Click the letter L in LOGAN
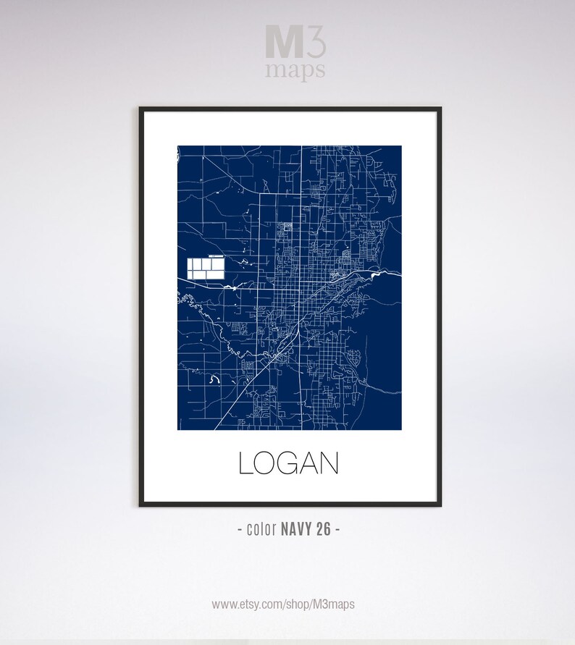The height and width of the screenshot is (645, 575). point(245,463)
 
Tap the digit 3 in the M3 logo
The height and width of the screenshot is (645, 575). point(316,41)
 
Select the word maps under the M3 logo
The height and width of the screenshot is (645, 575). point(295,71)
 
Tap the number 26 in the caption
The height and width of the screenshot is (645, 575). point(323,529)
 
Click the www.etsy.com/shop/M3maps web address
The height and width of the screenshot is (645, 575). point(283,604)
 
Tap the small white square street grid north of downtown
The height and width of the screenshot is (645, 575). point(287,227)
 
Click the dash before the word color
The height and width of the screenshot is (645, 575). point(240,529)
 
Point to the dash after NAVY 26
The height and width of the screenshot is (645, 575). point(337,529)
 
